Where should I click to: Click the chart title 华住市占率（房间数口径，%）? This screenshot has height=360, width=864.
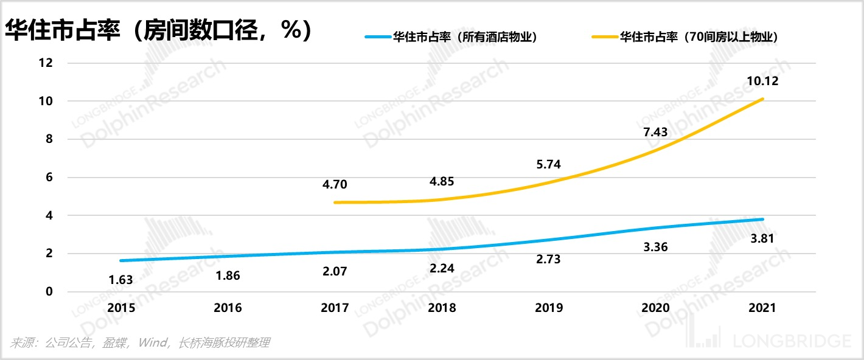(x=159, y=30)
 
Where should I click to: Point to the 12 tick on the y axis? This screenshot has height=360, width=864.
(x=46, y=63)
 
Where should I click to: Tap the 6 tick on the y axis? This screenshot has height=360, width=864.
(x=49, y=178)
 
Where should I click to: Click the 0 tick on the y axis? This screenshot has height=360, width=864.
(x=49, y=292)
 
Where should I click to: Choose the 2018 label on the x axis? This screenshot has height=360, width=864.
(x=442, y=308)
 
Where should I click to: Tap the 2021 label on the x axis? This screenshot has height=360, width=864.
(x=763, y=308)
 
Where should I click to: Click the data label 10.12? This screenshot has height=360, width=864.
(x=762, y=81)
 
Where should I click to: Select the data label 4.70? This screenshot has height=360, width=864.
(x=335, y=184)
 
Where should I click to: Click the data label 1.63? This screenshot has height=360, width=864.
(x=120, y=280)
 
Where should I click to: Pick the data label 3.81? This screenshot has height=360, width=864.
(x=763, y=238)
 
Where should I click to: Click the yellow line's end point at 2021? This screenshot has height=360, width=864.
(x=763, y=99)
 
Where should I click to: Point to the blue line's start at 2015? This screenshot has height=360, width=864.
(x=121, y=261)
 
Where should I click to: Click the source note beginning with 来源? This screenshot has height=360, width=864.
(x=139, y=343)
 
